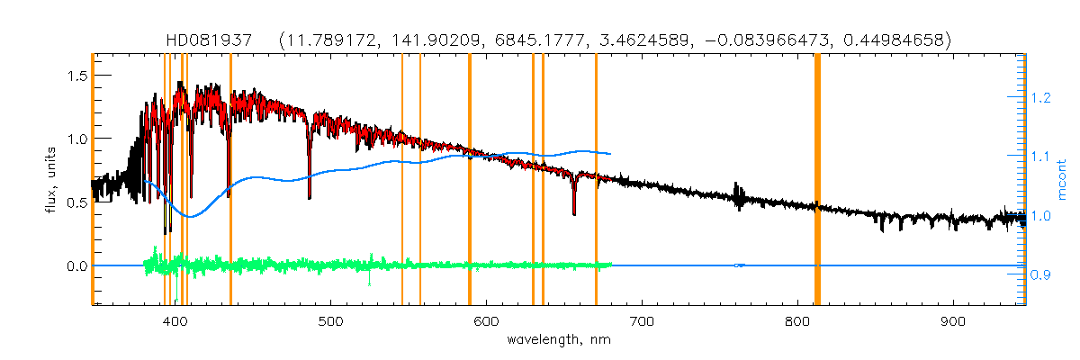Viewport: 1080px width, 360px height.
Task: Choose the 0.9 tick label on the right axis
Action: [1040, 275]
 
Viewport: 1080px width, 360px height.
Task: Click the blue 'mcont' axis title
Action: [1062, 180]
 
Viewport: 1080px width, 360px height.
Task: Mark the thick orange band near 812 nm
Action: [817, 180]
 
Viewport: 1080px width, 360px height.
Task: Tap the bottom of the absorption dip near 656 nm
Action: [574, 214]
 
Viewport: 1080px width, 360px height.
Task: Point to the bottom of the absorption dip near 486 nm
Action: [310, 197]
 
